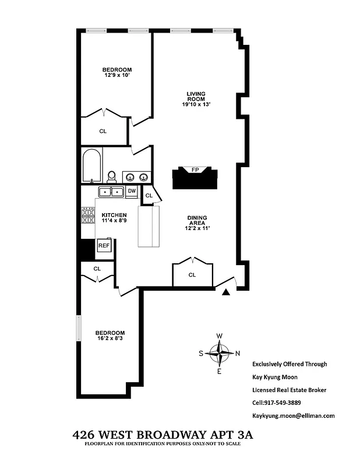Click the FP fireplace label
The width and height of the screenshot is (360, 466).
195,170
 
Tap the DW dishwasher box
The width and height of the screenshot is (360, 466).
132,191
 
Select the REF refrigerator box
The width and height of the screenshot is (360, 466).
104,246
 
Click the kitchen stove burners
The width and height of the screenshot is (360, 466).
87,216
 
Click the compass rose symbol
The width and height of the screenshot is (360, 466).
220,353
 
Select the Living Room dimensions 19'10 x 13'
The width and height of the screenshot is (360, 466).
196,104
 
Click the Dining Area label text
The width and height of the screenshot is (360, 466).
196,220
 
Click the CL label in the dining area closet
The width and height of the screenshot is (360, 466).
192,275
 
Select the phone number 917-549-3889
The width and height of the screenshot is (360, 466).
276,403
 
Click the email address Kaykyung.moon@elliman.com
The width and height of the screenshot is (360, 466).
293,415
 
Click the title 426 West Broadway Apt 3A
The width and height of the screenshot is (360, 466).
163,435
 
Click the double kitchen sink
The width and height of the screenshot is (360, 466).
110,192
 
